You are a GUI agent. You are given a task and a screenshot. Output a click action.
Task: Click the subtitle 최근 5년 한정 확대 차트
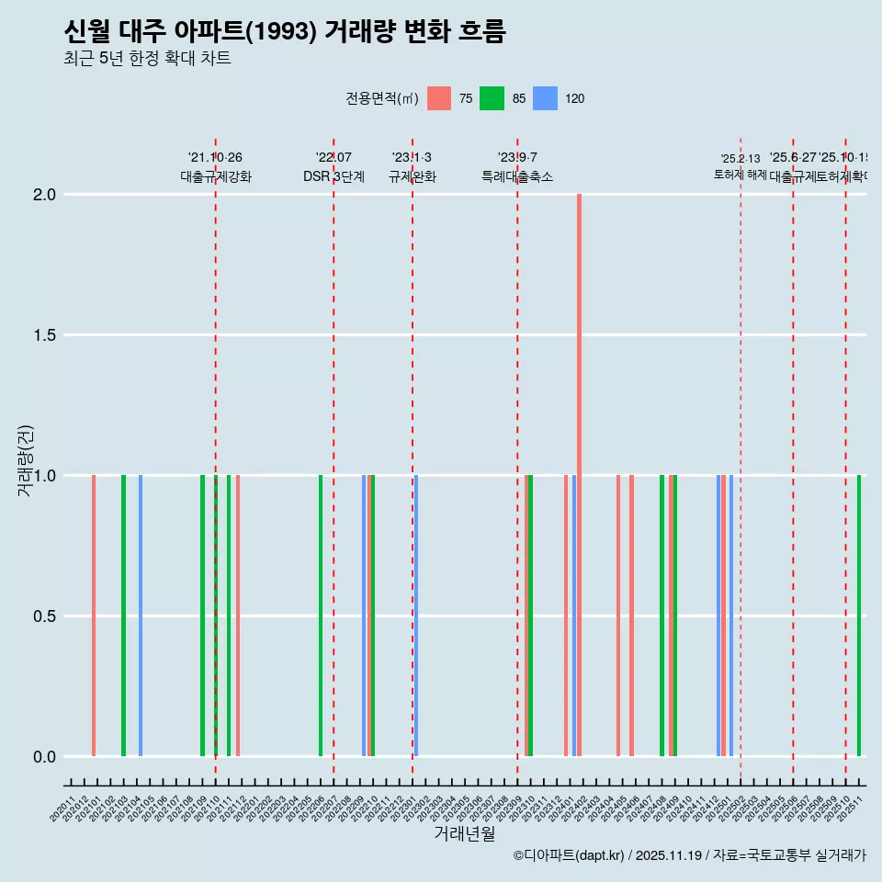[147, 59]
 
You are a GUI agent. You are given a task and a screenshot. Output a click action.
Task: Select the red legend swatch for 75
[439, 98]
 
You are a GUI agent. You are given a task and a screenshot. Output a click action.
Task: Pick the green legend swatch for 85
[492, 98]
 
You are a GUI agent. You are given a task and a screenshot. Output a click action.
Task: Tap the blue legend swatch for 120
[545, 98]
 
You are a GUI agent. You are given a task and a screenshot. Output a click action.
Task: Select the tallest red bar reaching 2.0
[579, 475]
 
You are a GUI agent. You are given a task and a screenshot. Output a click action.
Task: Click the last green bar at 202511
[859, 616]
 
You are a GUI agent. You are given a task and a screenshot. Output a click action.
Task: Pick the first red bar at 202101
[94, 616]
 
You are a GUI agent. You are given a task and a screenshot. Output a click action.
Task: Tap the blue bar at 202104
[141, 616]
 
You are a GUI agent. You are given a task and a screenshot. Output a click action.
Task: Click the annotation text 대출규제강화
[215, 177]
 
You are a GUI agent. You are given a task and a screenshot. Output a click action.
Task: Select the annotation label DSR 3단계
[334, 177]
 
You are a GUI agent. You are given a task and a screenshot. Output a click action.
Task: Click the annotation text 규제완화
[412, 177]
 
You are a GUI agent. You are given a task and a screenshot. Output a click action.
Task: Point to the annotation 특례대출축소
[517, 177]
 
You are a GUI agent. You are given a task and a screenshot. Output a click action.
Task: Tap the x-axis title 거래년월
[464, 834]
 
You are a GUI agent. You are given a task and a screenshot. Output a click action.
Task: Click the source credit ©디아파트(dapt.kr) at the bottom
[570, 855]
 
